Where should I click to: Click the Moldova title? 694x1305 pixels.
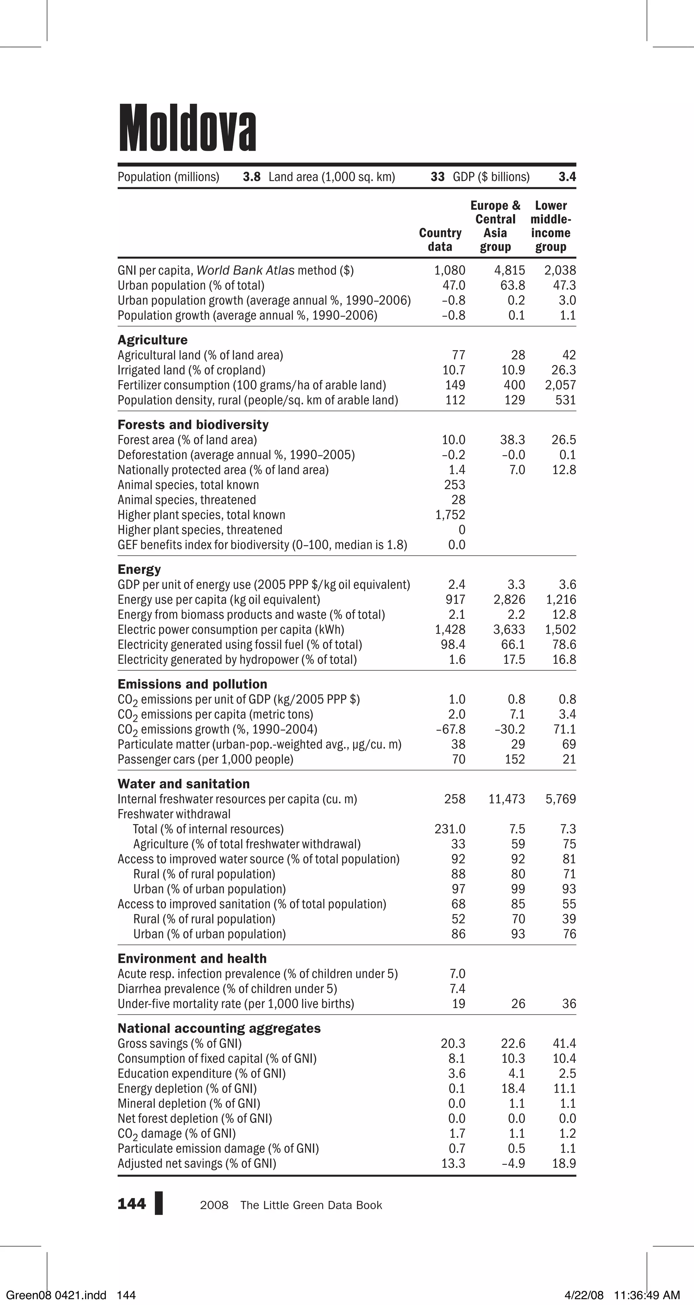pos(187,128)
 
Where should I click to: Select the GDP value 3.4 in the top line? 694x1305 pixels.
pos(567,177)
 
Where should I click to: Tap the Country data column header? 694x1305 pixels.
pos(440,239)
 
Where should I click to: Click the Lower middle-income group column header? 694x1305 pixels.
pos(551,226)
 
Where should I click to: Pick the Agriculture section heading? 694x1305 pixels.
pos(152,340)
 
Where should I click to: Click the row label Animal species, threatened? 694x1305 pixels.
pos(187,500)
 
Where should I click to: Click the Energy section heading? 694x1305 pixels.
pos(139,569)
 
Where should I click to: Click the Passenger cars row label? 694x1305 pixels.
pos(205,759)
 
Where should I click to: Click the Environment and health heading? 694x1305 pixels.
pos(192,959)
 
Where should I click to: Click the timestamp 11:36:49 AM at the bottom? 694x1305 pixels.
pos(646,1296)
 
